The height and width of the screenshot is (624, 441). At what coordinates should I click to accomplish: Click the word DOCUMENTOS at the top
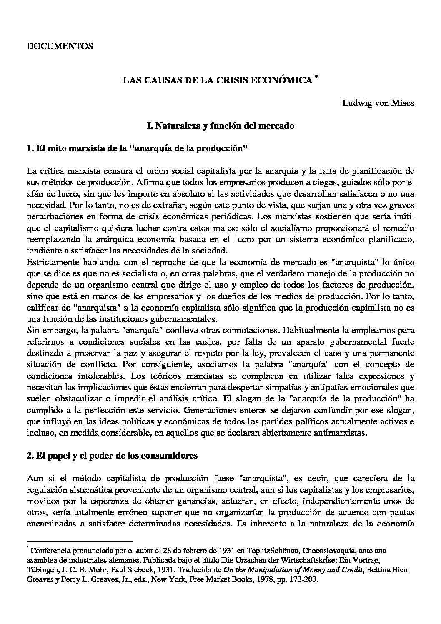[x=59, y=46]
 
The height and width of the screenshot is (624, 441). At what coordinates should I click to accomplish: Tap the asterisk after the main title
[x=317, y=77]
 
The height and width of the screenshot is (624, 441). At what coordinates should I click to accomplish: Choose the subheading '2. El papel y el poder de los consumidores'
[x=111, y=456]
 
